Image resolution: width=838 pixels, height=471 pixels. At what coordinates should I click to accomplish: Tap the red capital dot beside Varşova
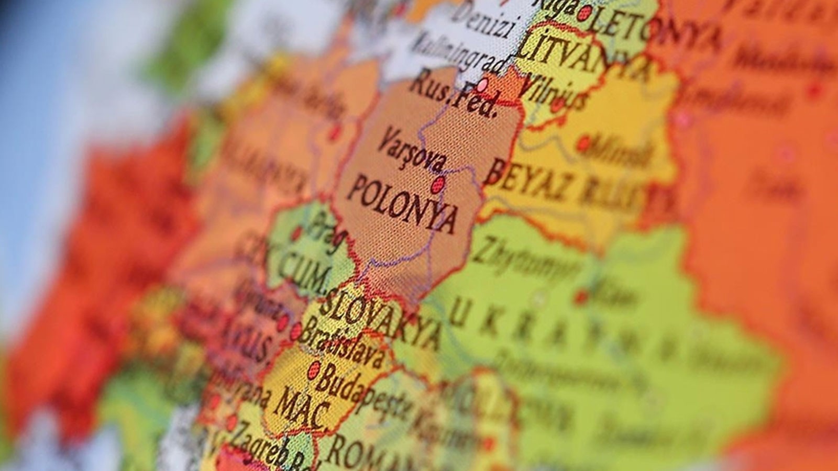pyautogui.click(x=438, y=184)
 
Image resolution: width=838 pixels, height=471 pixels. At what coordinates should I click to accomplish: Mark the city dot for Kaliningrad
pyautogui.click(x=483, y=84)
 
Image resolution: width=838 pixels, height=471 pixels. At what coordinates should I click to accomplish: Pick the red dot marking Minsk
pyautogui.click(x=583, y=142)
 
